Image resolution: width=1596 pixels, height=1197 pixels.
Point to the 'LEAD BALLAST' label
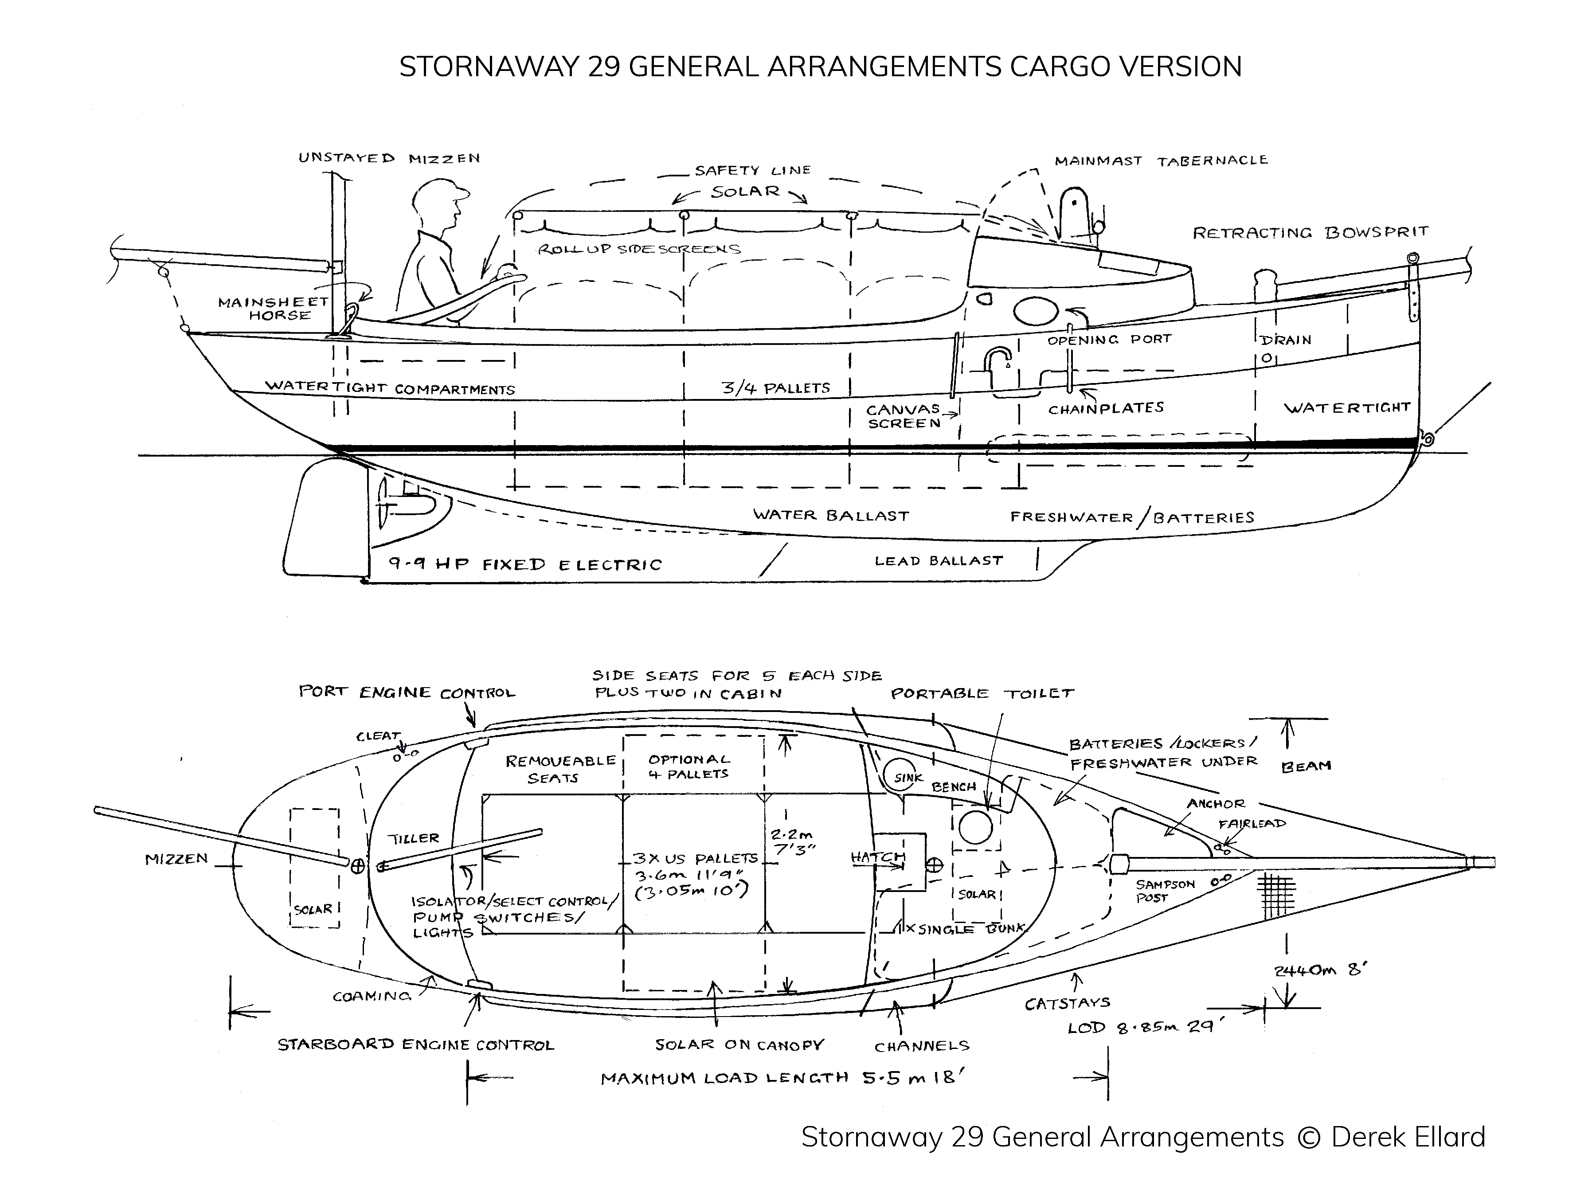(x=938, y=561)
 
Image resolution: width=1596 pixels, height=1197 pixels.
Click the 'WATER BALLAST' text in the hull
(x=830, y=515)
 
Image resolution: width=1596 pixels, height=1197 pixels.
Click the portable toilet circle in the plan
(x=975, y=826)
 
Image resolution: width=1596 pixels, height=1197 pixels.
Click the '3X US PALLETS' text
(x=695, y=859)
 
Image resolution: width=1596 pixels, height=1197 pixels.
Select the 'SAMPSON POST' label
(x=1165, y=890)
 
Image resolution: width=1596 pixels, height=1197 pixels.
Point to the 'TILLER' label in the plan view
(x=414, y=838)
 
